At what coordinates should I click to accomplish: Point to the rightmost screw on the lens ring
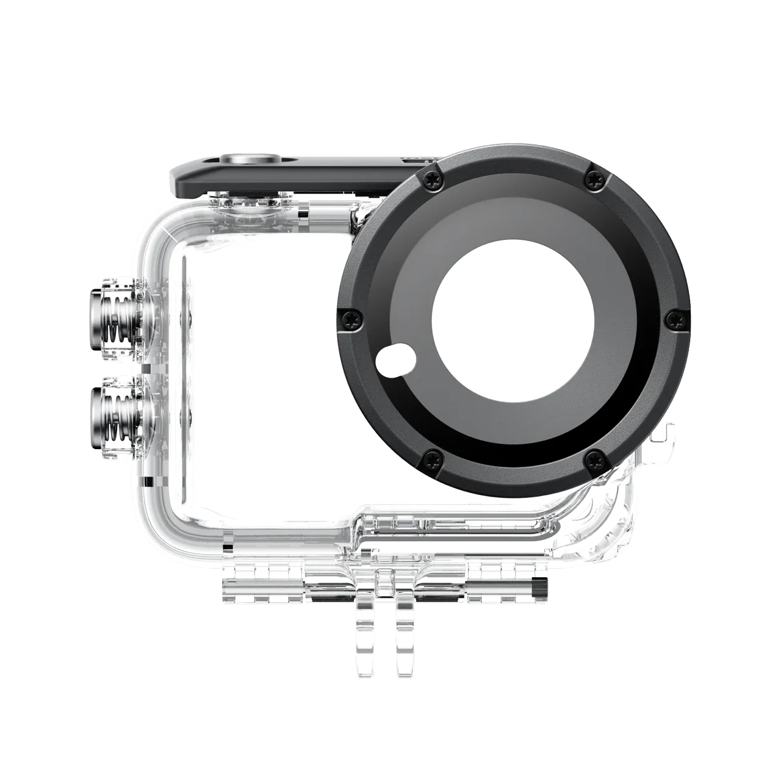point(674,317)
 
